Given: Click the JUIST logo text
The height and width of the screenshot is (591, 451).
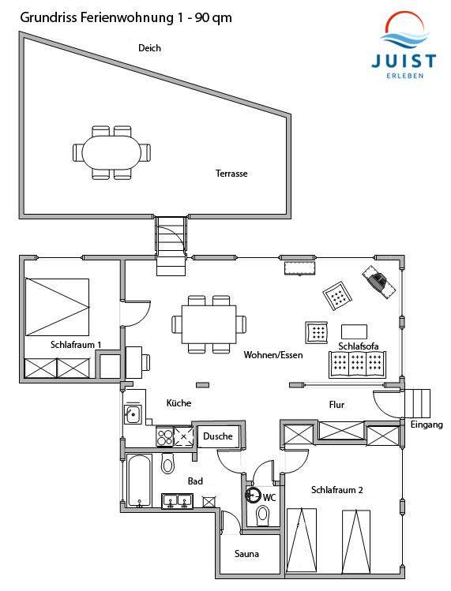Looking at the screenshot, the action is tap(404, 61).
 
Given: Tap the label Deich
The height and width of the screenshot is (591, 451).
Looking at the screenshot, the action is tap(149, 48).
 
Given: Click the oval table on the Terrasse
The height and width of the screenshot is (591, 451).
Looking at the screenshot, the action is tap(111, 152).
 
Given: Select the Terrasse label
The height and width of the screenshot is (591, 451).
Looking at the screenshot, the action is tap(231, 174).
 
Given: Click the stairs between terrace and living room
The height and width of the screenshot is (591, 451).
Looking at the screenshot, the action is tap(171, 245).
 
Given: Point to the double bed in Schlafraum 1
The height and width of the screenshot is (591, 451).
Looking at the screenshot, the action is tap(57, 307).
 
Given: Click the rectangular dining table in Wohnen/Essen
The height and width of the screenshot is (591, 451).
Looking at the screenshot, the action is tap(209, 324).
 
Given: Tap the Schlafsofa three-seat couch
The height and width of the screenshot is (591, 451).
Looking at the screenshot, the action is tap(357, 365).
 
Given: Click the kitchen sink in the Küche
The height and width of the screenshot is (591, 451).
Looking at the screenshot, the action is tap(133, 414).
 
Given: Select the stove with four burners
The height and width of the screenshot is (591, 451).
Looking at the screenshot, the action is tap(165, 437).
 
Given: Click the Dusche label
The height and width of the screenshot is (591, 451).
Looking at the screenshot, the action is tap(218, 436).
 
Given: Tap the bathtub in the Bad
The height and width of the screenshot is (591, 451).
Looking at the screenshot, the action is tap(139, 481).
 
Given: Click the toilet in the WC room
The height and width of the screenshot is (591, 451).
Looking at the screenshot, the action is tap(262, 515).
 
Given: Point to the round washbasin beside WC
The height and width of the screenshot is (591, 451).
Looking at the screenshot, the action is tap(253, 494).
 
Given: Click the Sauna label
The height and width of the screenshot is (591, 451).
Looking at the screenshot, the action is tap(246, 554).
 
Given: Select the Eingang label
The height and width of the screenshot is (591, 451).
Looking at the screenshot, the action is tap(427, 425).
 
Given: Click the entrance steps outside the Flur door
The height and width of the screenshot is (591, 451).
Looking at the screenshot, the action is tap(417, 403).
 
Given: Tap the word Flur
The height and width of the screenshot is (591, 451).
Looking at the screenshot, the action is tap(336, 405).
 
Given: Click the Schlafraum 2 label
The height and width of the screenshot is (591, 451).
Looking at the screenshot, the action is tap(336, 490).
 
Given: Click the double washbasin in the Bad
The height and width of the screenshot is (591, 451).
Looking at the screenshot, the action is tap(178, 501).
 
